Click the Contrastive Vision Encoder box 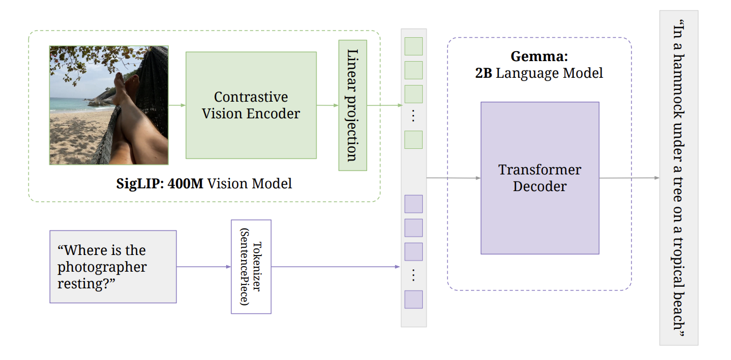coord(251,105)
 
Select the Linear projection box coord(353,105)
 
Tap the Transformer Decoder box coord(539,178)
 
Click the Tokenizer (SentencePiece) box coord(251,267)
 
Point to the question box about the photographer coord(113,267)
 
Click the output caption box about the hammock coord(678,178)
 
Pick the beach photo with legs coord(109,105)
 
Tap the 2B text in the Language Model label coord(484,73)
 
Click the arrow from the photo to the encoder coord(177,105)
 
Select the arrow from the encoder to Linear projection coord(327,105)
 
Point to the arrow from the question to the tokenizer coord(203,267)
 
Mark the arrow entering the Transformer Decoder coord(453,178)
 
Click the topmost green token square coord(413,47)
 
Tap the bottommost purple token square coord(413,299)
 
